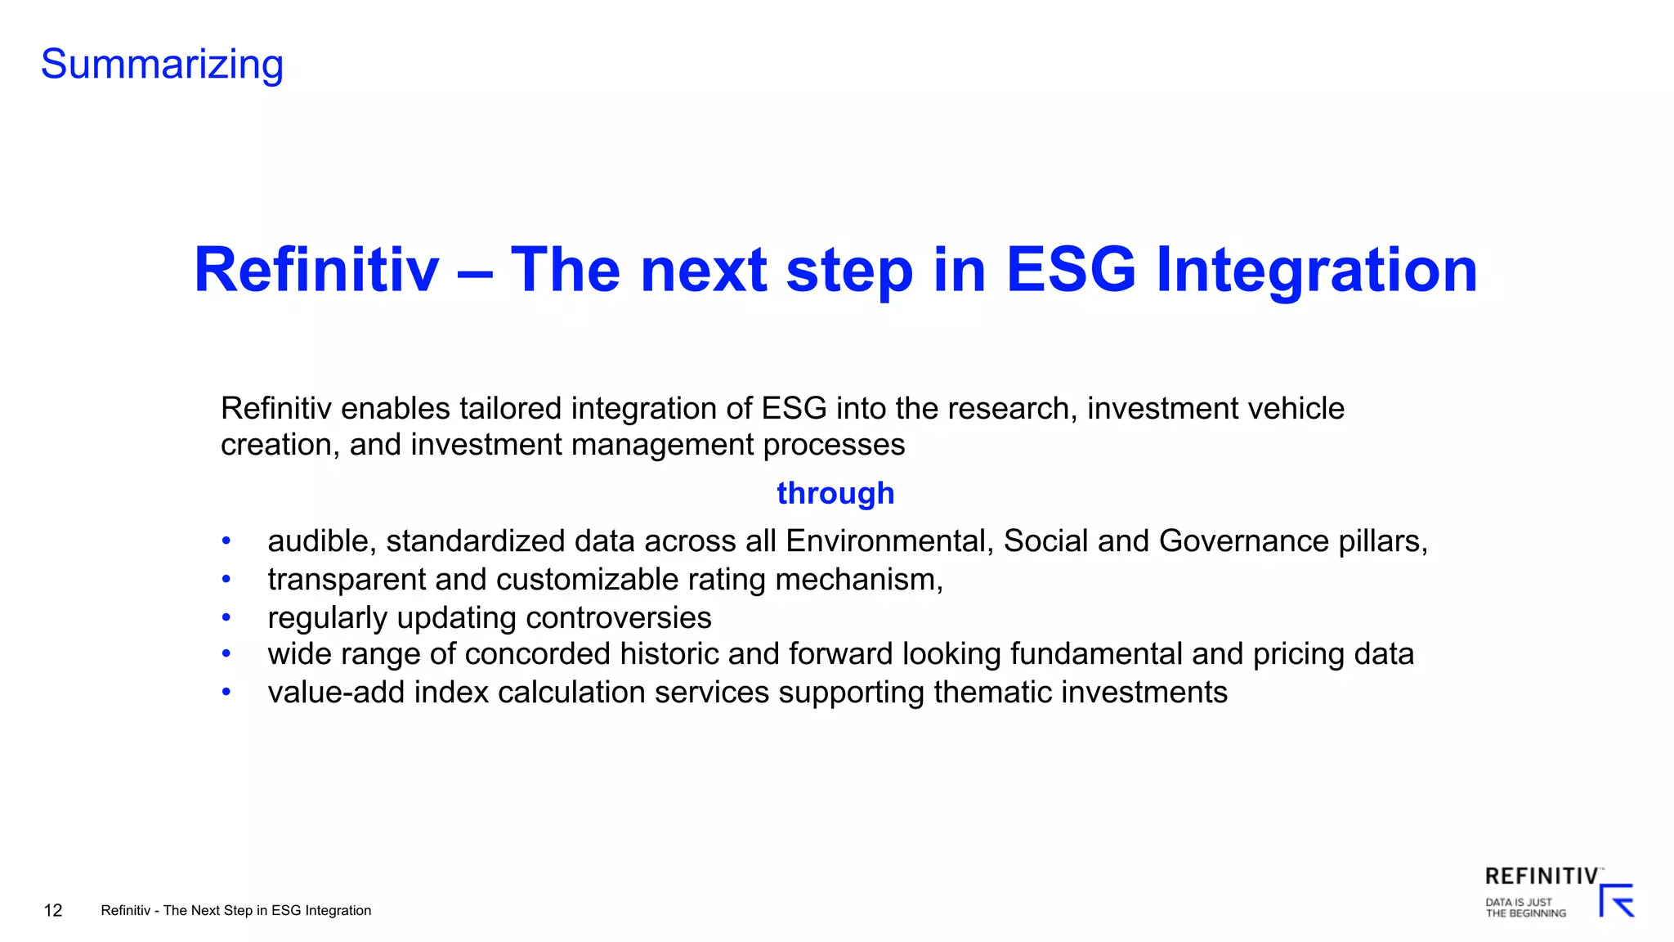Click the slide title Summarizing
[162, 65]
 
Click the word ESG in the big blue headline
[1071, 270]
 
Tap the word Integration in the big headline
[1317, 270]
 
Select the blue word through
[835, 493]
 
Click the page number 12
[53, 910]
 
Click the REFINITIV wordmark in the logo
[1541, 877]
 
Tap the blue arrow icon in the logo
[1617, 901]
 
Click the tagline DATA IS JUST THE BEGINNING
[1525, 908]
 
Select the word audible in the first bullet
[321, 541]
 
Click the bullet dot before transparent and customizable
[226, 580]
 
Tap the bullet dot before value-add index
[226, 693]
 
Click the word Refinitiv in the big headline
[316, 270]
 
